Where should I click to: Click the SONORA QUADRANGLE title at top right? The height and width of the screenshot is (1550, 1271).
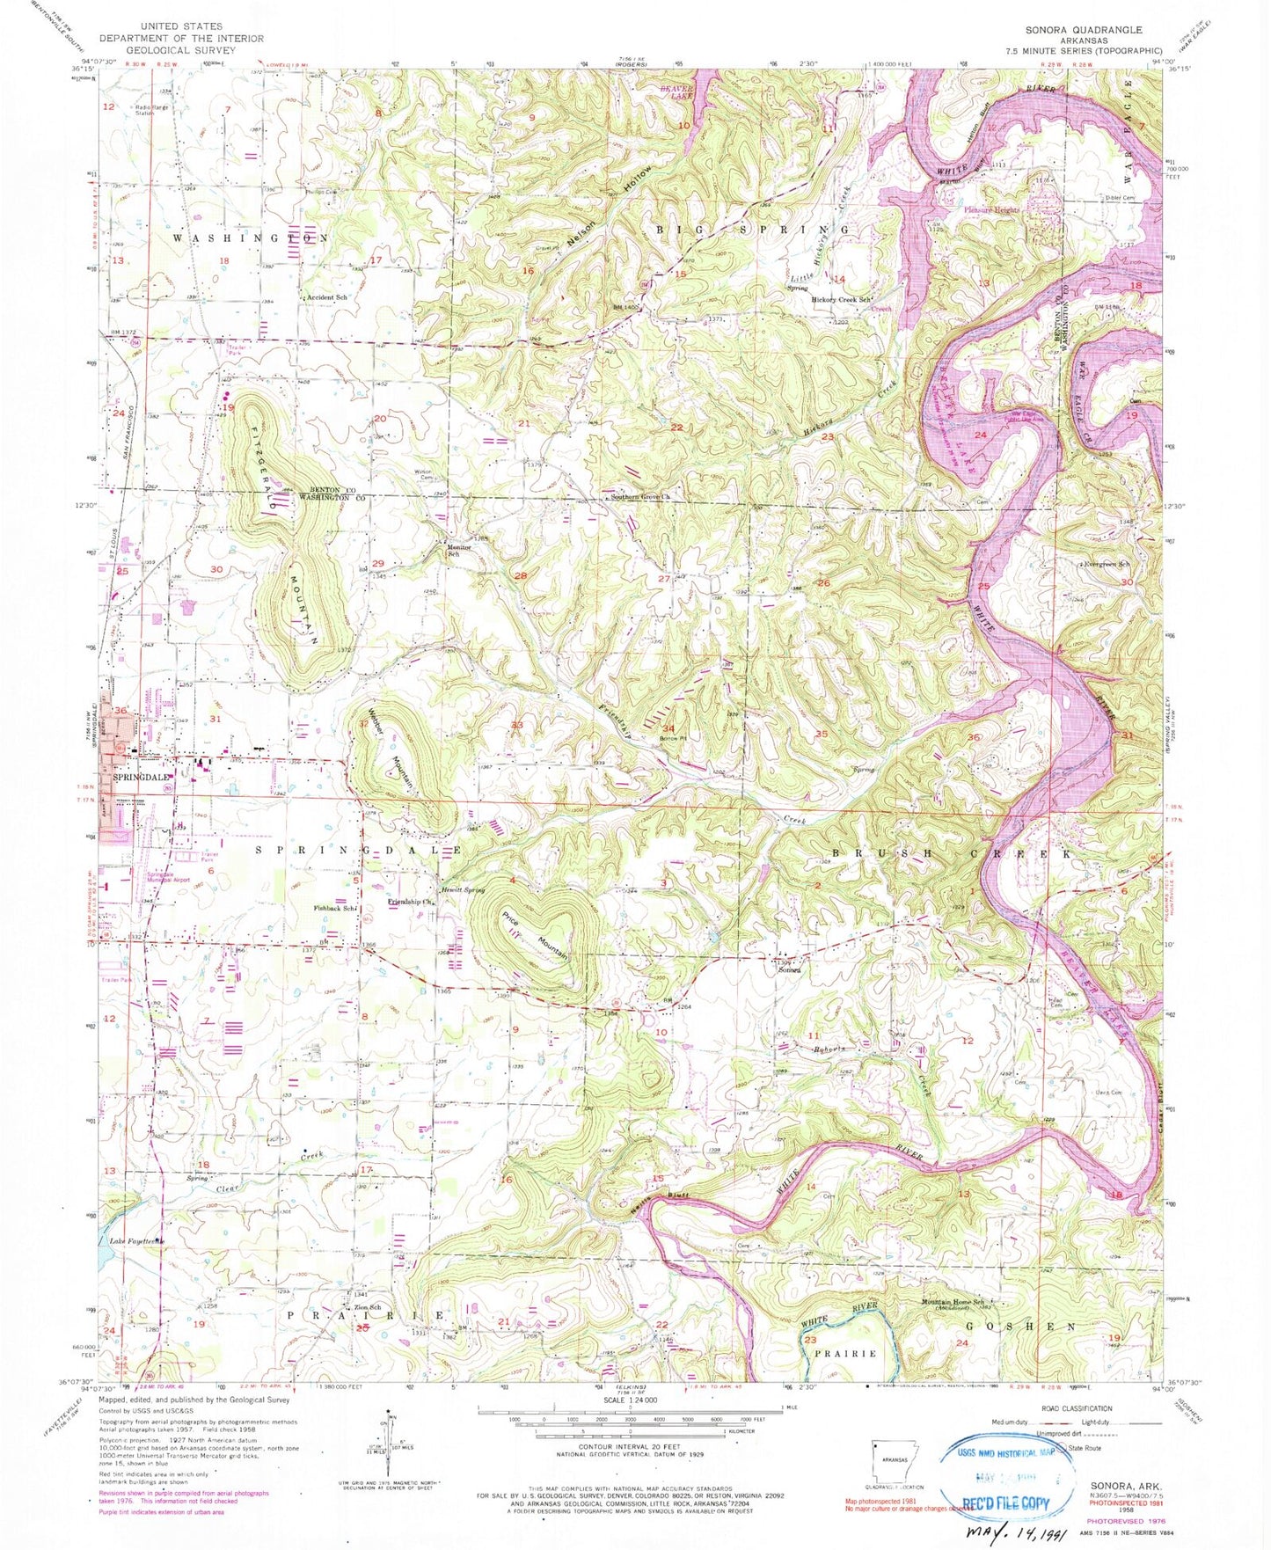coord(1084,30)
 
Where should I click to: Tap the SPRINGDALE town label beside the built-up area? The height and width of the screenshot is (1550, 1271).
coord(140,778)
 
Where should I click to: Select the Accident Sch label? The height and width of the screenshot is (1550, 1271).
coord(326,298)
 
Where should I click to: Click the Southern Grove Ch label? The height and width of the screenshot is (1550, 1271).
coord(642,498)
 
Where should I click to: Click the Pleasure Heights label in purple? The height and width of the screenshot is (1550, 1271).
coord(991,210)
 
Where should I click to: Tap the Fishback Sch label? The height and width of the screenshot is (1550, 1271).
coord(335,908)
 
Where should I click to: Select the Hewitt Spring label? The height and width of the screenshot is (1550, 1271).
coord(464,889)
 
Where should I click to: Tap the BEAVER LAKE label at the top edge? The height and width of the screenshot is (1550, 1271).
coord(677,93)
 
